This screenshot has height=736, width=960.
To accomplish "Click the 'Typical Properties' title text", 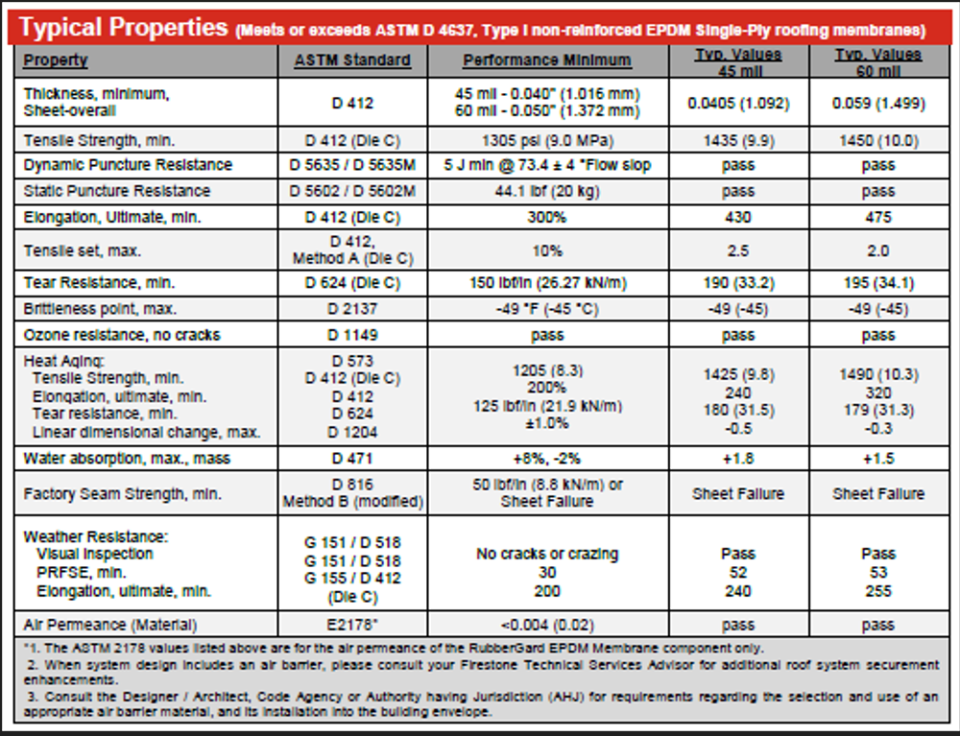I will point(123,28).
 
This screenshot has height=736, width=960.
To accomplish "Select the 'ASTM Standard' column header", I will point(352,59).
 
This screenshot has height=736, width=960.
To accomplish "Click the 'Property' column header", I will point(56,59).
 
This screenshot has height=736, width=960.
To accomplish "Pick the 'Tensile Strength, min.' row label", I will point(99,140).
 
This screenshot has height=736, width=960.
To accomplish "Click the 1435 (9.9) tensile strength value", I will point(737,140).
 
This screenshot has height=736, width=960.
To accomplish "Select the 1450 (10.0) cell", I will point(878,140).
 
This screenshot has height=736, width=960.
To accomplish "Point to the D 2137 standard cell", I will point(352,309).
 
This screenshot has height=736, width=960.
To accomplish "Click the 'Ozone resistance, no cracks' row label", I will point(122,335).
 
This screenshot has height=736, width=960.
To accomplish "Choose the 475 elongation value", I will point(878,217).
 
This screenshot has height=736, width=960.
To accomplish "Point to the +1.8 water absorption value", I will point(737,458).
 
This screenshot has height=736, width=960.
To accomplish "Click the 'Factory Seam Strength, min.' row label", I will point(123,493).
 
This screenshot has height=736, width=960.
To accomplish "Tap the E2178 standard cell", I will point(352,625).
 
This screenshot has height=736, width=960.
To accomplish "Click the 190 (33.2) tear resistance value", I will point(737,283).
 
